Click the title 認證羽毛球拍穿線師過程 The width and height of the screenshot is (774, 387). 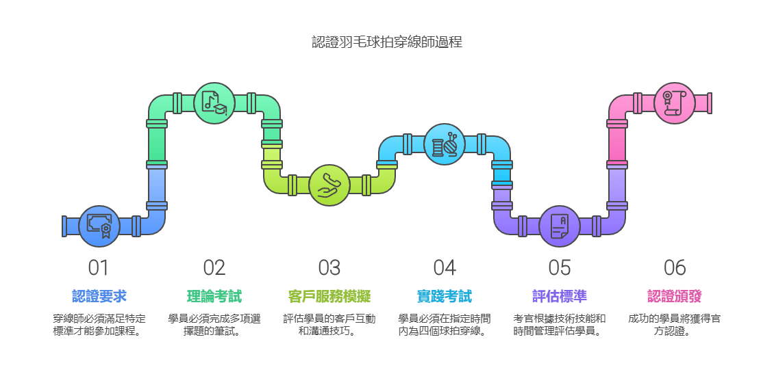pyautogui.click(x=387, y=42)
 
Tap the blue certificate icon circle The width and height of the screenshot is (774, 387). pyautogui.click(x=99, y=226)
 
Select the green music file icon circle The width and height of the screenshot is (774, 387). pyautogui.click(x=214, y=103)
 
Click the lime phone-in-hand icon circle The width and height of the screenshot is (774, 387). pyautogui.click(x=329, y=185)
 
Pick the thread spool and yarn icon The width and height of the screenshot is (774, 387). pyautogui.click(x=445, y=144)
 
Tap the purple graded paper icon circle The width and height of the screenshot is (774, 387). pyautogui.click(x=560, y=226)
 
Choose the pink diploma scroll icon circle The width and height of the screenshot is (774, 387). pyautogui.click(x=675, y=103)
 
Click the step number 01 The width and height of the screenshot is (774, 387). pyautogui.click(x=99, y=268)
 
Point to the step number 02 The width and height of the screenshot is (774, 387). pyautogui.click(x=214, y=268)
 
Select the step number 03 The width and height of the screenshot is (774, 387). pyautogui.click(x=329, y=268)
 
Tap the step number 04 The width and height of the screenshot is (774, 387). pyautogui.click(x=445, y=268)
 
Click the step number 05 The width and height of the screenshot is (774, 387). pyautogui.click(x=560, y=268)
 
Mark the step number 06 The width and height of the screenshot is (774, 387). pyautogui.click(x=675, y=268)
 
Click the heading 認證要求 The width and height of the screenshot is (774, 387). pyautogui.click(x=99, y=296)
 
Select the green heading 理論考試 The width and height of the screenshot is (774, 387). pyautogui.click(x=214, y=296)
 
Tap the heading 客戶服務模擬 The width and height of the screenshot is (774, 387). pyautogui.click(x=329, y=296)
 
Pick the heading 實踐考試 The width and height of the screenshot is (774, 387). pyautogui.click(x=445, y=296)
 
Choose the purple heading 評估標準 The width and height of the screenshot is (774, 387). pyautogui.click(x=560, y=296)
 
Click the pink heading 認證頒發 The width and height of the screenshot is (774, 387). pyautogui.click(x=675, y=296)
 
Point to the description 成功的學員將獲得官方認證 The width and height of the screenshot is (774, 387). pyautogui.click(x=675, y=325)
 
